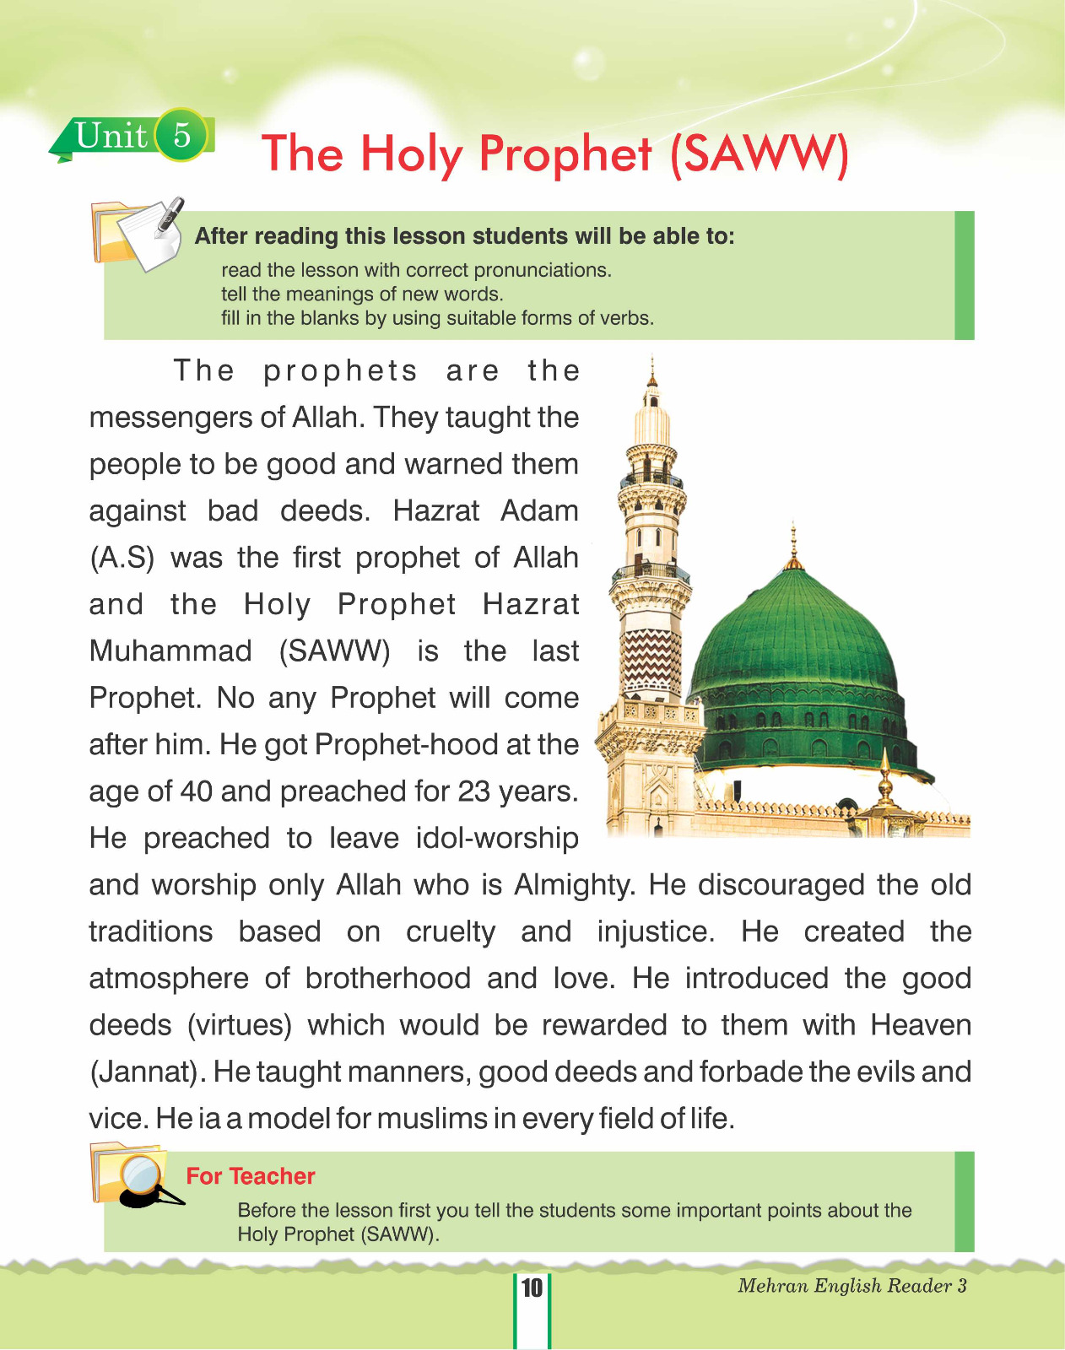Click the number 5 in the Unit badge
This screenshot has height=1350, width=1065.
(x=181, y=135)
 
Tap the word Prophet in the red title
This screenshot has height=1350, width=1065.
(x=565, y=154)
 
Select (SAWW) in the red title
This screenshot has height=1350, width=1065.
(x=760, y=154)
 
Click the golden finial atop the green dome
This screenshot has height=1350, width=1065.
(x=792, y=548)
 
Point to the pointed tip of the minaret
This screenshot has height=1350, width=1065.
(x=651, y=361)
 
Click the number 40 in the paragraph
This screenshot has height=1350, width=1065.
(x=196, y=791)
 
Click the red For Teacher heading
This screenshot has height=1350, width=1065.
(x=251, y=1176)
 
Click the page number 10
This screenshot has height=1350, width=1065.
(x=532, y=1288)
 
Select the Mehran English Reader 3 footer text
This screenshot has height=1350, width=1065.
(x=852, y=1286)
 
